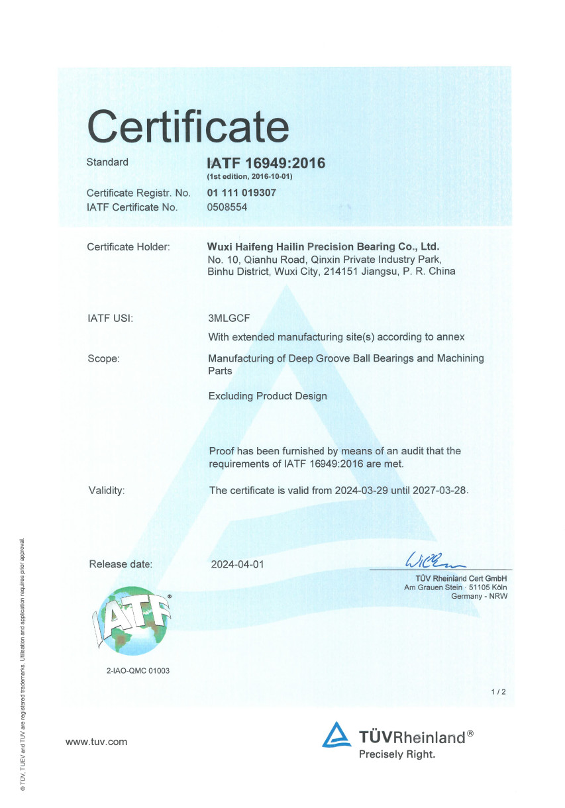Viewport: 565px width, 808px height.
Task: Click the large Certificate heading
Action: [188, 126]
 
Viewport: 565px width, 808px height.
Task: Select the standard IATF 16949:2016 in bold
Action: [266, 163]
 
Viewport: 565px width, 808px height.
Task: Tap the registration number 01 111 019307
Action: [242, 193]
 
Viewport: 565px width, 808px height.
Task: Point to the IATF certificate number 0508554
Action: [227, 207]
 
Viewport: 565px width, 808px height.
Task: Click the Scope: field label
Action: [103, 359]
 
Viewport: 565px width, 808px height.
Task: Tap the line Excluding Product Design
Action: [268, 396]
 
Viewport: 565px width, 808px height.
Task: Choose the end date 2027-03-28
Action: [440, 491]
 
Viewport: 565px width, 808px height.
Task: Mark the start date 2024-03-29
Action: [356, 491]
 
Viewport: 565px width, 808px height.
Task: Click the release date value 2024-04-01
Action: [237, 565]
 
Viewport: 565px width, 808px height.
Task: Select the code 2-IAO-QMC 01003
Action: [138, 671]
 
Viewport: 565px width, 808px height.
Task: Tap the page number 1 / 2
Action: [499, 692]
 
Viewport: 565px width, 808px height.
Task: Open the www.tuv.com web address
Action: [96, 742]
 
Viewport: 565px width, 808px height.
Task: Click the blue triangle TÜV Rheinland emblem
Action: [336, 735]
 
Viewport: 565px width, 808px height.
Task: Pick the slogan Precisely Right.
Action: [397, 754]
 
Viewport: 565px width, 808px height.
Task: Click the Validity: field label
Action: [107, 491]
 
